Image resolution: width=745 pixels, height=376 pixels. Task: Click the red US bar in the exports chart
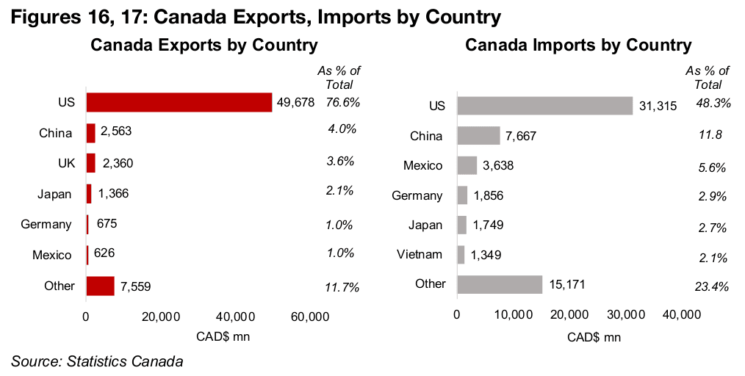point(179,102)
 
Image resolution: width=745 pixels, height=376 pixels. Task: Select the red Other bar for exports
point(100,286)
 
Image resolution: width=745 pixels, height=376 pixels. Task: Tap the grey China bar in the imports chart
point(478,136)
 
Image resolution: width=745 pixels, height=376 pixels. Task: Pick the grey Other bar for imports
point(500,284)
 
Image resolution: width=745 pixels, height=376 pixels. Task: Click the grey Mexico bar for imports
point(467,165)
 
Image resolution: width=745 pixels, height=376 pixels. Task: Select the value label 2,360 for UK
point(117,163)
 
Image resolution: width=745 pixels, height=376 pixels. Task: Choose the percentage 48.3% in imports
point(713,104)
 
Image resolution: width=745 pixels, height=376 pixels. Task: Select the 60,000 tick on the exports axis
point(309,317)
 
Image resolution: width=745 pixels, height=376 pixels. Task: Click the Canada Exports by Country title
point(204,46)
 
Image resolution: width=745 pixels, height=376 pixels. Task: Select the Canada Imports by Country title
point(578,46)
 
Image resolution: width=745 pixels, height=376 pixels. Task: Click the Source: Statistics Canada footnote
point(96,361)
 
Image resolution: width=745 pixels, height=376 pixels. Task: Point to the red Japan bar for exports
point(89,194)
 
